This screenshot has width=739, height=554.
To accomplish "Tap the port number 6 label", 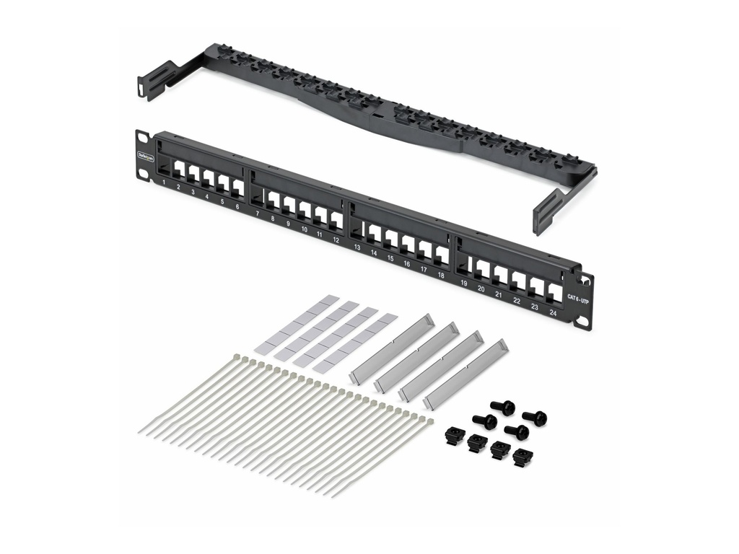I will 237,206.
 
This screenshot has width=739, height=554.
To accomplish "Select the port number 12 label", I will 336,239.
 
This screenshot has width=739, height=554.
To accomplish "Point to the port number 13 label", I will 357,247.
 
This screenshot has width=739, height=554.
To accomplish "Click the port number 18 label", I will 440,275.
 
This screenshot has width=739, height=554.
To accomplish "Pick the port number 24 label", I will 553,313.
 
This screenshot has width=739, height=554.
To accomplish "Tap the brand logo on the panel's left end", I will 146,155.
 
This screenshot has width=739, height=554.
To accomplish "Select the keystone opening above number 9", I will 289,206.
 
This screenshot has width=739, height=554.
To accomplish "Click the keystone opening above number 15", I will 390,239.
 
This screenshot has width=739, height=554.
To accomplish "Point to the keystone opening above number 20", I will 482,271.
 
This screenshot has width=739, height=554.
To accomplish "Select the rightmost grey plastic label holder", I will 465,374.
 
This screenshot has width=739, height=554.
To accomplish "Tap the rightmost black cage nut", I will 521,457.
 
